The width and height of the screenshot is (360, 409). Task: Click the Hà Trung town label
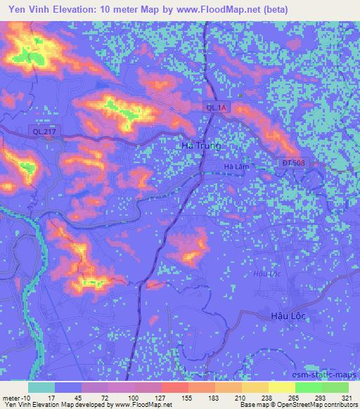tap(200, 145)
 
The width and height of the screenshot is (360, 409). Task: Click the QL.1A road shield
tap(216, 107)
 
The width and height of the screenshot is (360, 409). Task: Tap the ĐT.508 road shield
tap(294, 162)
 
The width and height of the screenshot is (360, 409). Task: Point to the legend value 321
tap(347, 398)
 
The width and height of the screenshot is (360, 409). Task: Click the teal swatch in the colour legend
tap(41, 387)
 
